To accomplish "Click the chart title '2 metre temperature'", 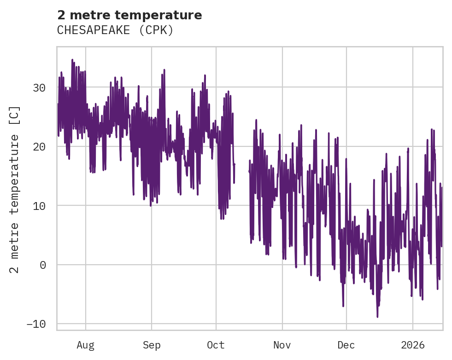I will pyautogui.click(x=129, y=15).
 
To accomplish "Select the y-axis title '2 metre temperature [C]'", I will pyautogui.click(x=15, y=189).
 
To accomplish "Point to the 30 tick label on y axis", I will pyautogui.click(x=39, y=87).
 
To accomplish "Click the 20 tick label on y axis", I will pyautogui.click(x=39, y=146).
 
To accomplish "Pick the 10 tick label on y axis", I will pyautogui.click(x=39, y=205).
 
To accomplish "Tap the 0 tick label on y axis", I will pyautogui.click(x=42, y=265).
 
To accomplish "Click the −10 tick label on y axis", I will pyautogui.click(x=36, y=324).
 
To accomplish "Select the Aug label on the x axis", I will pyautogui.click(x=86, y=345).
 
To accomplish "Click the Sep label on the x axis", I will pyautogui.click(x=151, y=345).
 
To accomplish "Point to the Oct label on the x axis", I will pyautogui.click(x=216, y=345).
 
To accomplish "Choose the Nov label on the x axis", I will pyautogui.click(x=282, y=345).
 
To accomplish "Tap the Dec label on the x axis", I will pyautogui.click(x=346, y=345).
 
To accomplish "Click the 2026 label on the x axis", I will pyautogui.click(x=413, y=345).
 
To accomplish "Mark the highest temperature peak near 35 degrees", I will pyautogui.click(x=72, y=60).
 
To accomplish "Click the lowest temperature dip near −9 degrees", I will pyautogui.click(x=377, y=316).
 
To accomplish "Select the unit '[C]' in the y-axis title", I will pyautogui.click(x=15, y=115).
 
